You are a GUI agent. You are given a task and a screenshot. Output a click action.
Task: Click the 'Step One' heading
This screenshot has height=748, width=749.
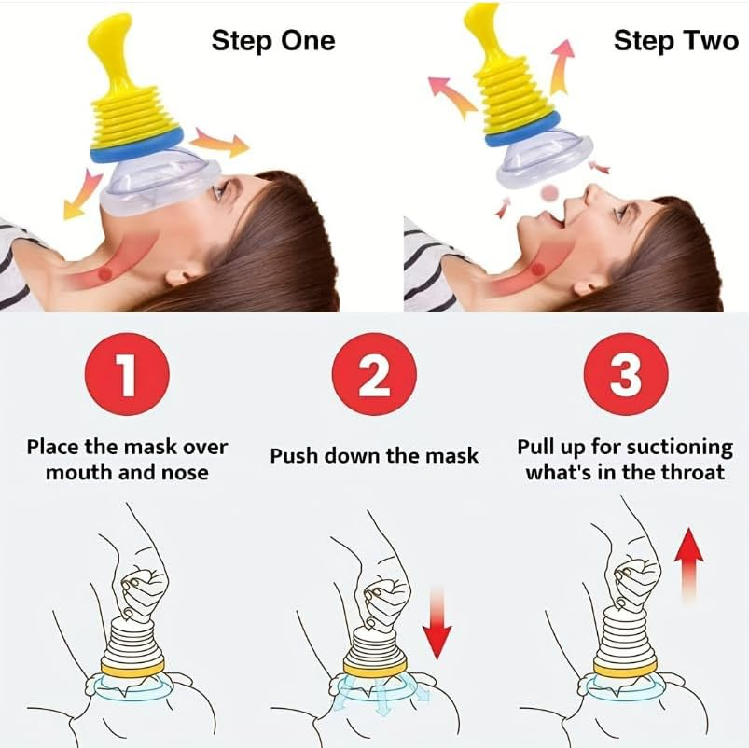pos(272,40)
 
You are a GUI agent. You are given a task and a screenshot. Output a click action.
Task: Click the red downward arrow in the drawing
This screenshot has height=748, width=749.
pos(436,624)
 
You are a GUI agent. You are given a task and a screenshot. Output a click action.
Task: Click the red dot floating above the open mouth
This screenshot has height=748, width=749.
pos(551,192)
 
